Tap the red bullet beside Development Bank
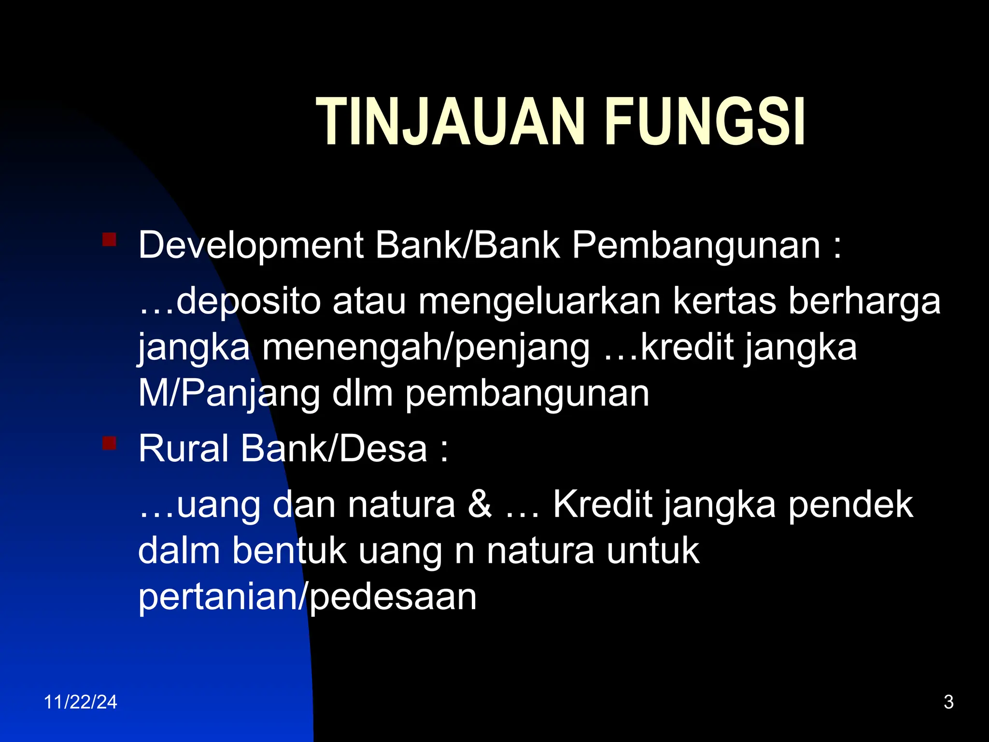110,240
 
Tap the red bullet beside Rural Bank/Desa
110,442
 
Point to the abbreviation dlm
362,393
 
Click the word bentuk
289,551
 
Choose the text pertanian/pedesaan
307,597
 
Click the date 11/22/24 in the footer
81,702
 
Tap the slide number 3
948,702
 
